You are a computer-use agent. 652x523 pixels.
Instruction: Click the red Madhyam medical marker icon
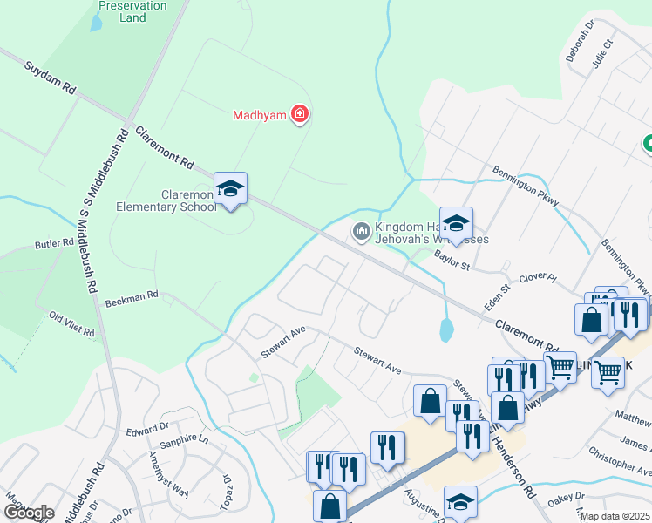[x=299, y=114]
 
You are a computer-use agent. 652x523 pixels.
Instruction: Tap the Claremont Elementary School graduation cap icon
[x=230, y=188]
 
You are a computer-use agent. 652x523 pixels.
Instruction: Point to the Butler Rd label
[x=54, y=245]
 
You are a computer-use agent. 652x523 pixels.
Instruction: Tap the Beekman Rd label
[x=132, y=299]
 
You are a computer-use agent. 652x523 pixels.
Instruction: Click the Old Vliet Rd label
[x=71, y=324]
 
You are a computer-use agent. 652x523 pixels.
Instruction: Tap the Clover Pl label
[x=537, y=279]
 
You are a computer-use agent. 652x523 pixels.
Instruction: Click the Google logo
[x=29, y=512]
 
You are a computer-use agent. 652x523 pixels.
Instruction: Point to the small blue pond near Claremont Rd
[x=446, y=329]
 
